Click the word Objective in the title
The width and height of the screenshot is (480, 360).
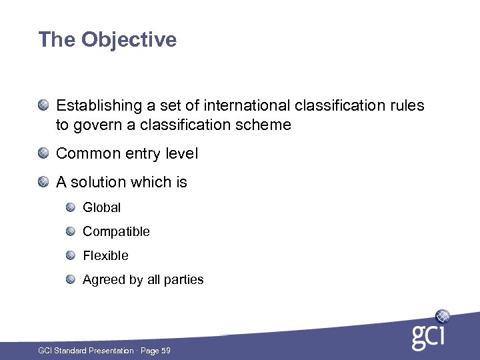pyautogui.click(x=129, y=40)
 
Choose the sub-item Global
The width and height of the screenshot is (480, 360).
pyautogui.click(x=101, y=207)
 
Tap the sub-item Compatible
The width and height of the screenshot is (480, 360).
pyautogui.click(x=116, y=231)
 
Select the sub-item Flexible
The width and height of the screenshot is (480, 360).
pyautogui.click(x=105, y=255)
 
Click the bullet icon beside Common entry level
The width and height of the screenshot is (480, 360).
pyautogui.click(x=43, y=153)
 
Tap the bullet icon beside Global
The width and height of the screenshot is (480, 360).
pyautogui.click(x=71, y=207)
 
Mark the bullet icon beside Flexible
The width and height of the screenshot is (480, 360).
pyautogui.click(x=71, y=255)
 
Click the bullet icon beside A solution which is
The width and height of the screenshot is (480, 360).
pyautogui.click(x=43, y=182)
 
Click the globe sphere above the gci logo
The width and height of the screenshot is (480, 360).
pyautogui.click(x=442, y=315)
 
